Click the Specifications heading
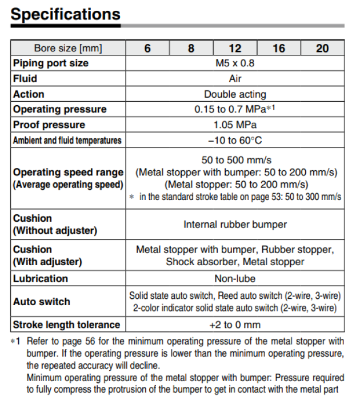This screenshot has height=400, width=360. (x=66, y=14)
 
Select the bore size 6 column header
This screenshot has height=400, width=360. (x=147, y=48)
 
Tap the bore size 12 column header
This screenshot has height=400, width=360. (x=235, y=48)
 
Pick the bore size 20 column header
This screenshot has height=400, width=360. (x=322, y=48)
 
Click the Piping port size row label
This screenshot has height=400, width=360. (x=51, y=63)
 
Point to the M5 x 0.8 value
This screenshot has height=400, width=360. (x=235, y=63)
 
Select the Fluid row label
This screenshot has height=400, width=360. (x=25, y=78)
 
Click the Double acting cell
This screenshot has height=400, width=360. (x=235, y=94)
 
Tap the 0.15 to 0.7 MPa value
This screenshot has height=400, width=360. (x=235, y=109)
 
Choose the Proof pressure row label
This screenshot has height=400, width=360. (x=49, y=125)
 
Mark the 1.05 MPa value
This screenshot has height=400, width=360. (x=235, y=125)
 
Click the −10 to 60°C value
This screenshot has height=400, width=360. (x=235, y=140)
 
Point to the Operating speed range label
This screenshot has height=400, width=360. (x=68, y=172)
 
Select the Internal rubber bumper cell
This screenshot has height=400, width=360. (x=235, y=224)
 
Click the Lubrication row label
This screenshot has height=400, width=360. (x=41, y=278)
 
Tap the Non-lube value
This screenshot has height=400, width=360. (x=235, y=278)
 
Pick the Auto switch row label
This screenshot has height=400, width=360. (x=42, y=301)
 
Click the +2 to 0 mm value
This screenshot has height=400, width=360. (x=235, y=325)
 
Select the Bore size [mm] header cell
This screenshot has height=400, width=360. (x=68, y=48)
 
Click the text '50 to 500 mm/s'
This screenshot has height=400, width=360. (x=235, y=160)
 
